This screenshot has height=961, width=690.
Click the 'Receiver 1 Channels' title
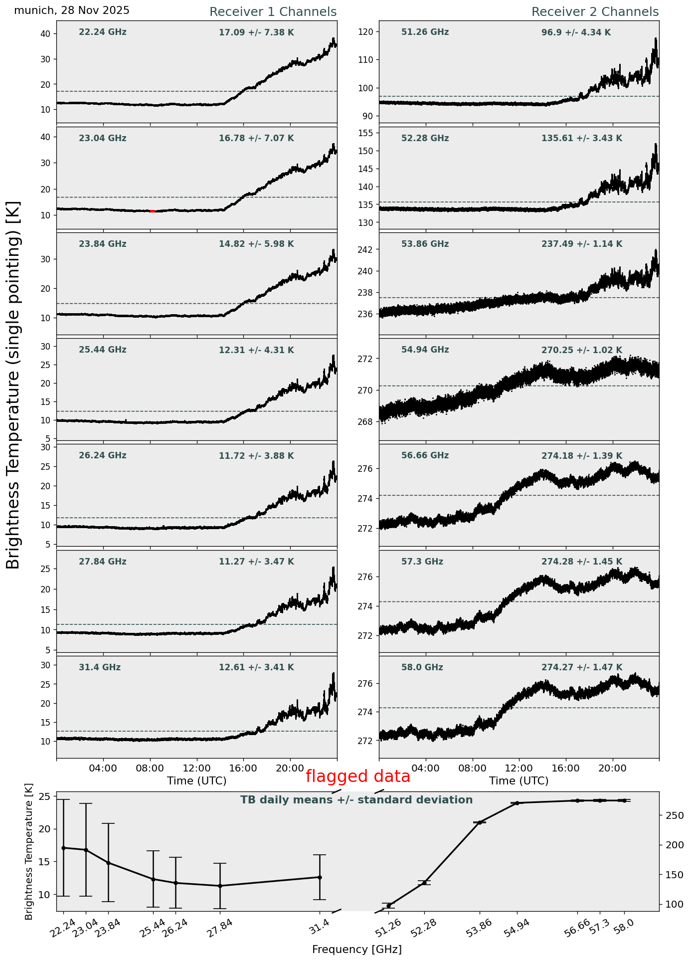click(x=273, y=12)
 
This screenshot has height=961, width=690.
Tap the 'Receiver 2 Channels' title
click(x=595, y=12)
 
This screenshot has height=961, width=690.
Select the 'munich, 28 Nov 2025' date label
click(x=72, y=10)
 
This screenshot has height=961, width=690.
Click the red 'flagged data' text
click(x=357, y=776)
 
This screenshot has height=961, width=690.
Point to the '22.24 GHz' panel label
click(x=103, y=32)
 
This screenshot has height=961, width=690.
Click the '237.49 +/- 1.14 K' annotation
click(x=582, y=244)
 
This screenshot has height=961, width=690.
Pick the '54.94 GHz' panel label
click(x=425, y=350)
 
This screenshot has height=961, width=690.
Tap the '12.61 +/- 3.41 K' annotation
click(x=256, y=668)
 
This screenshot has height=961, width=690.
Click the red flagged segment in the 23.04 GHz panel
click(x=153, y=211)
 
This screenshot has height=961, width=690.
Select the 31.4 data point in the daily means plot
click(x=320, y=877)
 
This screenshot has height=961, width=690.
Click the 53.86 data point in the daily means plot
click(x=480, y=822)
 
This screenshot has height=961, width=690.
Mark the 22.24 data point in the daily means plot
click(x=63, y=848)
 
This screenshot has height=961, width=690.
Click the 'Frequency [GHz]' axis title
click(x=357, y=950)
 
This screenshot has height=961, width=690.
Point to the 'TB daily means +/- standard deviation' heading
click(x=356, y=800)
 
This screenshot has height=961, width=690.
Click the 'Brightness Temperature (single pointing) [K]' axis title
click(x=13, y=385)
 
